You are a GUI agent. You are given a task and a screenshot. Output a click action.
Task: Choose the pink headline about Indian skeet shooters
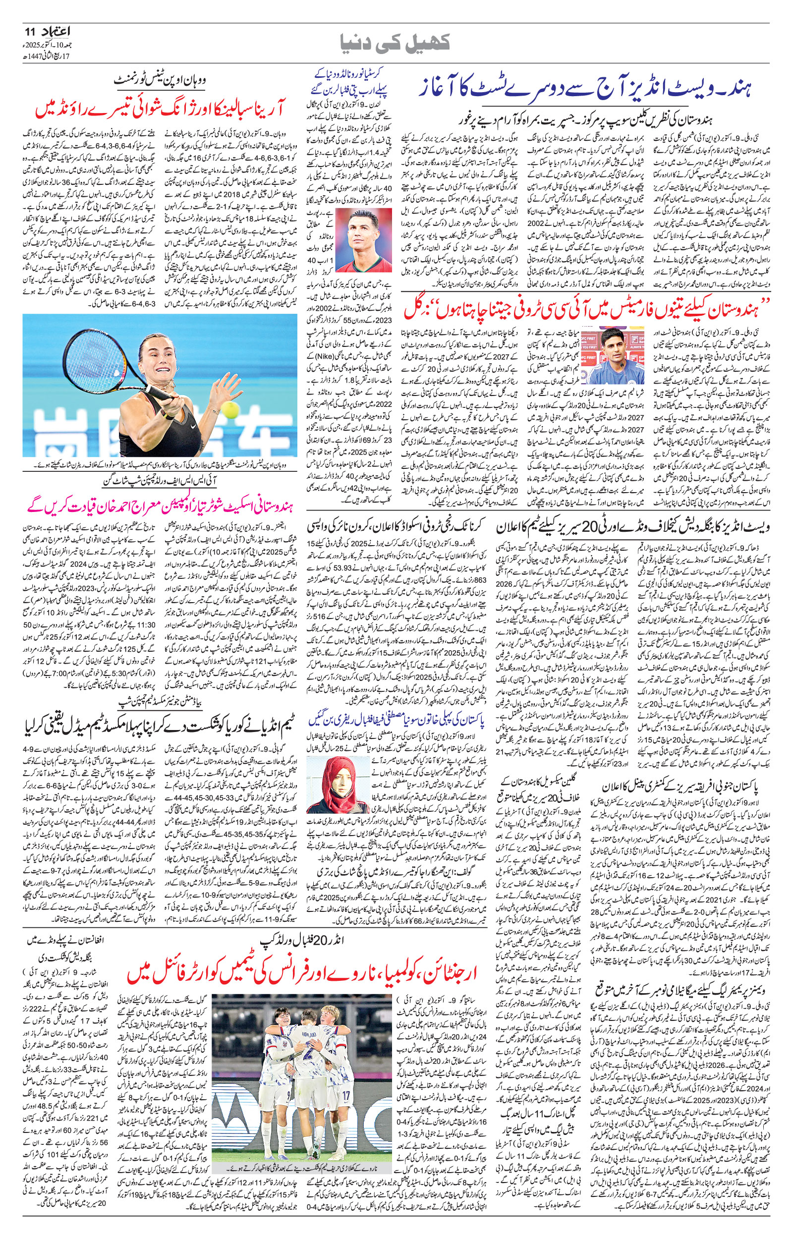[158, 507]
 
